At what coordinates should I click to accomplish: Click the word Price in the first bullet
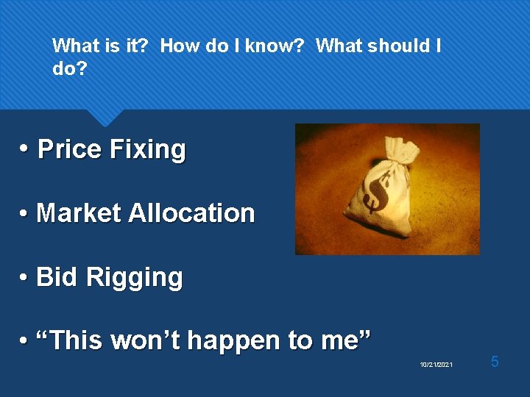coord(69,149)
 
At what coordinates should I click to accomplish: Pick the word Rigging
coord(134,278)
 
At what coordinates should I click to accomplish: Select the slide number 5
coord(495,362)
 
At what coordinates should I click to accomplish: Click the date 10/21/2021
coord(437,365)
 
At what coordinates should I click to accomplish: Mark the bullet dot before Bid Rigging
coord(24,278)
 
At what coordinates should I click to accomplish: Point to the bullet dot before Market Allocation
coord(24,214)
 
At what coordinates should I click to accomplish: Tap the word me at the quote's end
coord(343,341)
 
